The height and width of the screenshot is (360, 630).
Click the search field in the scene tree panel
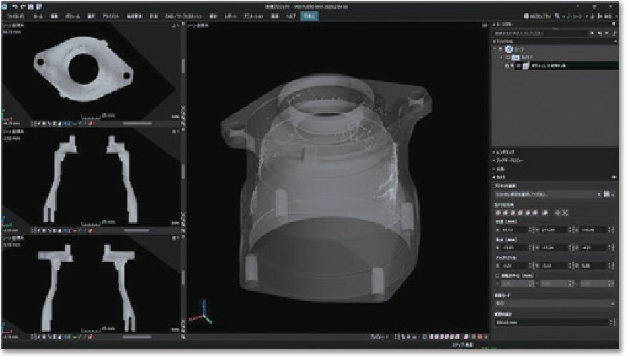click(x=539, y=32)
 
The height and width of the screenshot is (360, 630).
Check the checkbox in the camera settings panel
click(x=496, y=275)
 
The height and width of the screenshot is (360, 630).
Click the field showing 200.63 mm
click(x=553, y=322)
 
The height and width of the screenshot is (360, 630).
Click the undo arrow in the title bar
click(x=14, y=6)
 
